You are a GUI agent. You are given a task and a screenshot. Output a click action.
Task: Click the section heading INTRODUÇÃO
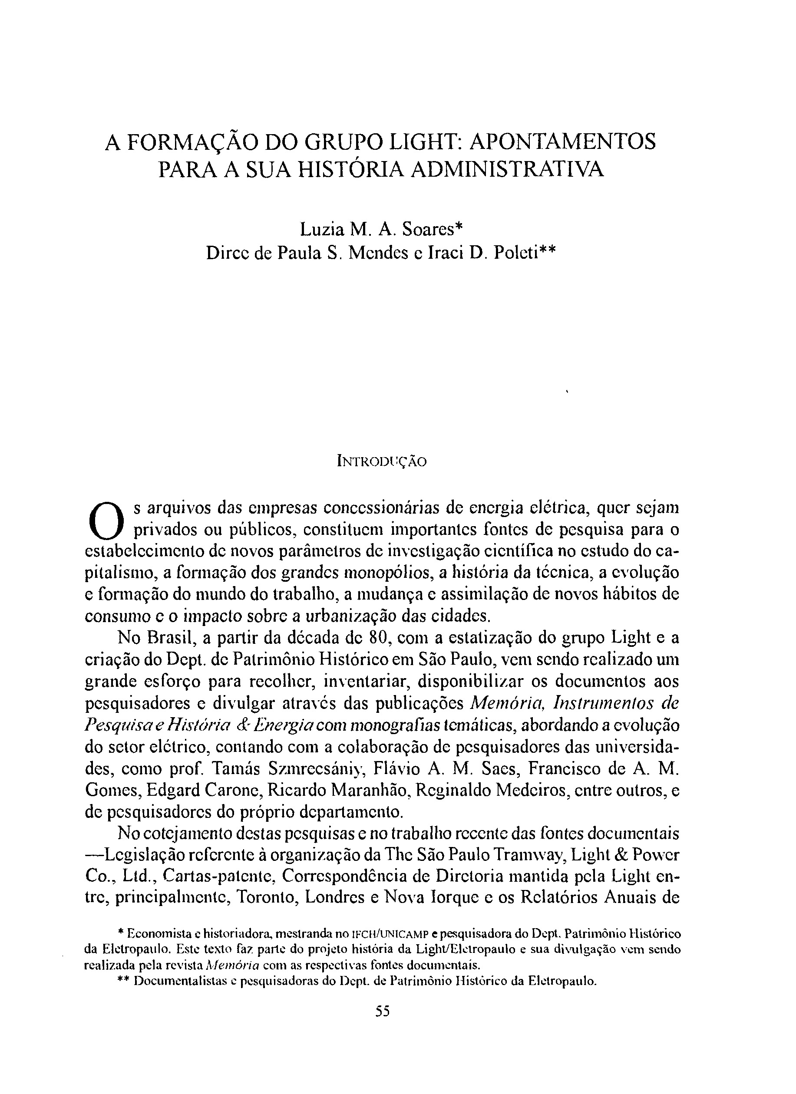click(x=381, y=461)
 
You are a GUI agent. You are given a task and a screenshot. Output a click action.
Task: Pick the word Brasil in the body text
click(x=166, y=638)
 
